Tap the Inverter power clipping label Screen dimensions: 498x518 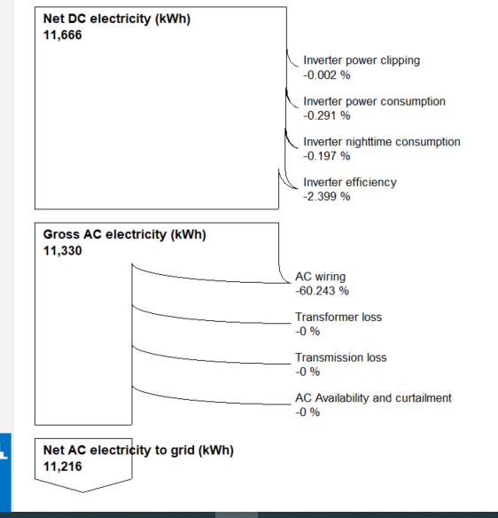pos(362,61)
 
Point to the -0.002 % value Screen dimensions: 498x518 pos(327,75)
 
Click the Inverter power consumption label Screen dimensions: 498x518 pos(374,102)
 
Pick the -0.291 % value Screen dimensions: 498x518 pos(327,116)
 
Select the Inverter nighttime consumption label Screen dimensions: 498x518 pos(382,142)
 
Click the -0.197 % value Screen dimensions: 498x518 pos(327,156)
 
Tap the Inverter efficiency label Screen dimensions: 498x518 pos(350,183)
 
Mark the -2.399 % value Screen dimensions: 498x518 pos(327,197)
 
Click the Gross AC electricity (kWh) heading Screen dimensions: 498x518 pos(124,235)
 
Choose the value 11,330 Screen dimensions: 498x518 pos(62,250)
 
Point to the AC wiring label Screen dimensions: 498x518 pos(320,277)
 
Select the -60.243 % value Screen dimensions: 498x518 pos(322,291)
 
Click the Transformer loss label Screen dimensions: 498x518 pos(338,317)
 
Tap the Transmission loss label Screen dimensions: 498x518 pos(340,357)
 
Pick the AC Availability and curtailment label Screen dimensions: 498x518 pos(373,398)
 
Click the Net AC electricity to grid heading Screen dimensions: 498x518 pos(138,451)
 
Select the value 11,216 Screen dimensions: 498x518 pos(62,465)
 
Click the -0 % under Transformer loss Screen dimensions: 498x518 pos(307,331)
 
